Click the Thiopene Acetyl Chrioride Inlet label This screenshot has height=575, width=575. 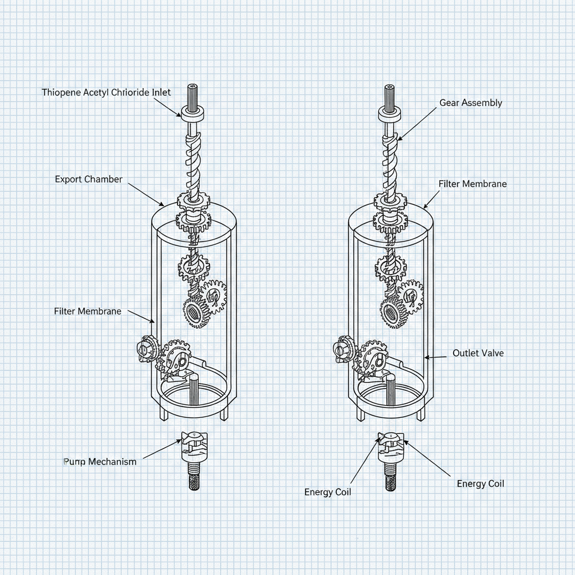tap(106, 93)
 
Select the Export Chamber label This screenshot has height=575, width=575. tap(89, 179)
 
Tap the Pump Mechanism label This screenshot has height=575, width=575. tap(100, 462)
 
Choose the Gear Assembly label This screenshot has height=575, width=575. tap(471, 103)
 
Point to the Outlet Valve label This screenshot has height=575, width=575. tap(478, 353)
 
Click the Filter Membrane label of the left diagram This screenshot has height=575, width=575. tap(88, 311)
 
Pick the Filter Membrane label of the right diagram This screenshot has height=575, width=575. tap(473, 184)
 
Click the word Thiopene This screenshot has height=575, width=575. tap(61, 93)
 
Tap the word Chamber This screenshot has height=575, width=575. tap(105, 179)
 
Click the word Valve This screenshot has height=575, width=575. tap(492, 353)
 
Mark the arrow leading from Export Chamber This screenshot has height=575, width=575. tap(146, 195)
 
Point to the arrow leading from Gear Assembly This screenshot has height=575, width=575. tap(417, 125)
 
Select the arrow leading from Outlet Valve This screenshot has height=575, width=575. tap(435, 357)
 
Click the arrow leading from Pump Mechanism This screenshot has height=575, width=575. tap(162, 449)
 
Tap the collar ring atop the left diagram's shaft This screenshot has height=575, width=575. tap(192, 112)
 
